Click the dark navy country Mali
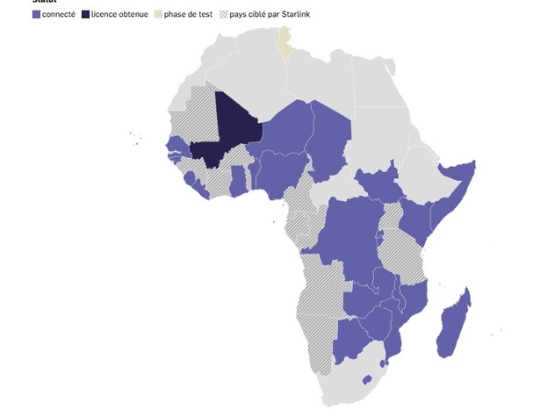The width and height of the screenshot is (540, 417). [x=230, y=132]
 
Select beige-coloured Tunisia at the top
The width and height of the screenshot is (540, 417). [x=284, y=40]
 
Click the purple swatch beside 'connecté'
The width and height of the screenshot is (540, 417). [x=36, y=15]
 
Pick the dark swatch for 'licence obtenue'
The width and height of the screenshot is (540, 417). [x=85, y=15]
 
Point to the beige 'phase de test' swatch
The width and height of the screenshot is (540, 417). [x=158, y=15]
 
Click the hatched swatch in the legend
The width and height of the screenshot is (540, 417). [x=223, y=15]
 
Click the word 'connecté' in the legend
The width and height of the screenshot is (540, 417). [x=59, y=15]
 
